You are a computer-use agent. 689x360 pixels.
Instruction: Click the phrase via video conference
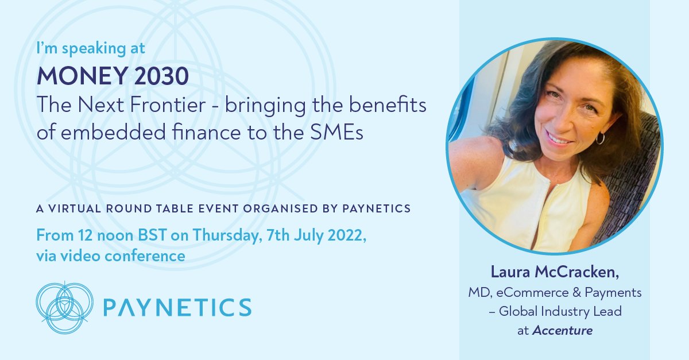(110, 256)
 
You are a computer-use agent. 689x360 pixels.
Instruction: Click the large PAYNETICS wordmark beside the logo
(177, 307)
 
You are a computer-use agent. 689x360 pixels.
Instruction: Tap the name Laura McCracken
(553, 274)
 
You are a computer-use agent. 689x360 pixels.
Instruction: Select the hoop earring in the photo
(599, 138)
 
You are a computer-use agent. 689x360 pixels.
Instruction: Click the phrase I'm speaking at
(90, 49)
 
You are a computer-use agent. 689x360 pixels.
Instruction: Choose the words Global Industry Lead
(560, 311)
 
